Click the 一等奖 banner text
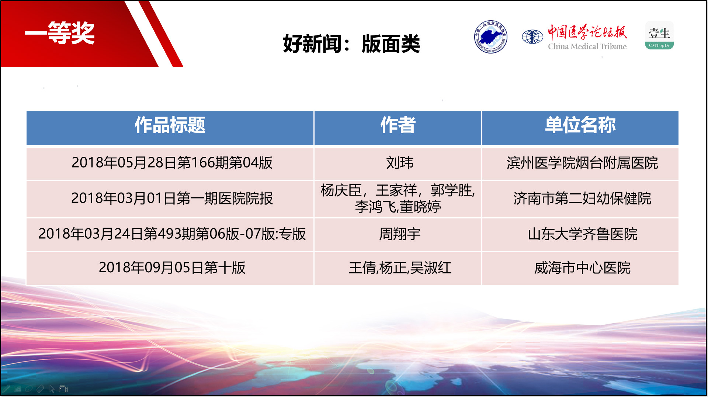coord(60,33)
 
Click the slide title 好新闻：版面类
coord(351,44)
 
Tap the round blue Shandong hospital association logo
coord(490,37)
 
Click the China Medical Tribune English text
coord(587,46)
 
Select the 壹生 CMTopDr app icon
coord(659,35)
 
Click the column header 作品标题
coord(170,125)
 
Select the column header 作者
coord(398,125)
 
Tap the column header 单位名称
coord(580,125)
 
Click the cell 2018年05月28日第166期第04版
coord(172,163)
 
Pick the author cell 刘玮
coord(400,163)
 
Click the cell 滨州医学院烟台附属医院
coord(582,163)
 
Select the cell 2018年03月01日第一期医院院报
coord(172,198)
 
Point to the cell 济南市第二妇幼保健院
coord(582,198)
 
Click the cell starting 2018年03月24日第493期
coord(172,234)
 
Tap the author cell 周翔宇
coord(400,234)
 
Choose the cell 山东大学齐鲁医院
coord(582,234)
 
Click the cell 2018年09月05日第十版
coord(172,268)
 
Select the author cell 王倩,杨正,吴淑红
coord(400,268)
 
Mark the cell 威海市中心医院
coord(582,268)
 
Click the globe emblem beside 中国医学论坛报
coord(532,37)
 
